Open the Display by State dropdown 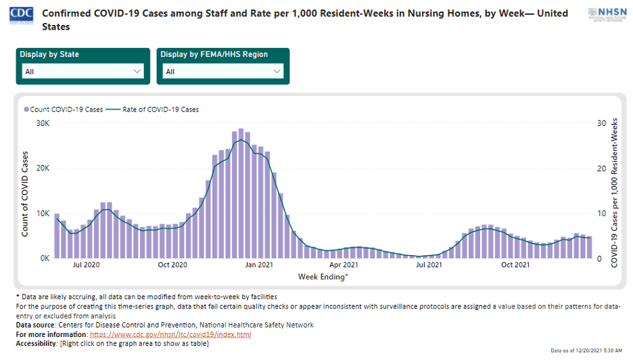click(x=83, y=71)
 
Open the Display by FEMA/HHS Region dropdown click(x=223, y=71)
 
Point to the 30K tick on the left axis click(x=43, y=123)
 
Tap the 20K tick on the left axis click(x=43, y=168)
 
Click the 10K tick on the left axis click(x=43, y=213)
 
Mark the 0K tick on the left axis click(x=45, y=258)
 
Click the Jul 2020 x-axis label click(x=86, y=265)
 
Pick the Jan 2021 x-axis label click(x=258, y=265)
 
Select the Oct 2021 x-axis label click(x=515, y=265)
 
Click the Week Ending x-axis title click(x=323, y=276)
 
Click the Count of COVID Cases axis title click(x=25, y=190)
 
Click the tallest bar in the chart click(x=241, y=193)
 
